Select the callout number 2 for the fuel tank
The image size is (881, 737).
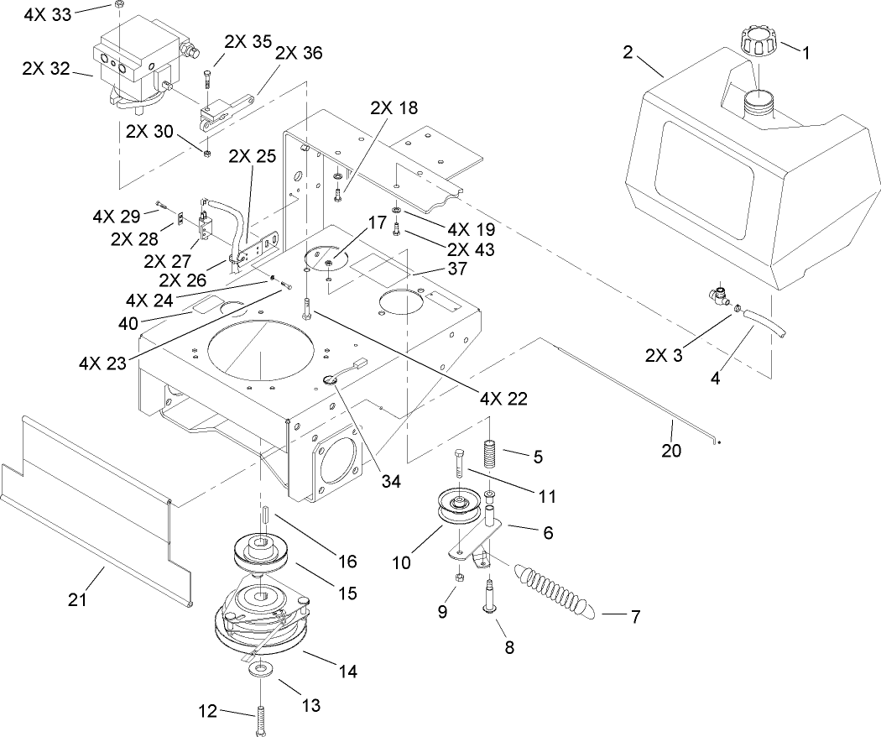tap(628, 52)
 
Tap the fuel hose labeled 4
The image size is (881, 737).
tap(766, 321)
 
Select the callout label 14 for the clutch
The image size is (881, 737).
tap(347, 672)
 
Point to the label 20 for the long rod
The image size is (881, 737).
tap(672, 450)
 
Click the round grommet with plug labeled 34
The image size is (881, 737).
tap(333, 379)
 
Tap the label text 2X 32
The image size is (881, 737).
tap(46, 69)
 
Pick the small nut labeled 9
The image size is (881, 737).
tap(461, 578)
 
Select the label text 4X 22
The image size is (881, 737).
tap(504, 398)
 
